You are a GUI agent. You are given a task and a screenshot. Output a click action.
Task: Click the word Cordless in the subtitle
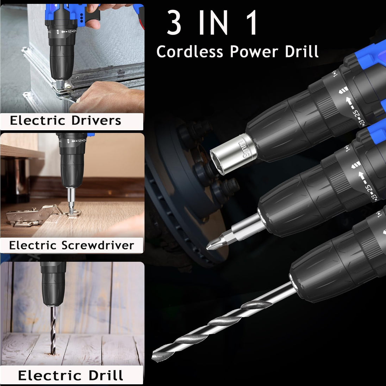coord(190,52)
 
